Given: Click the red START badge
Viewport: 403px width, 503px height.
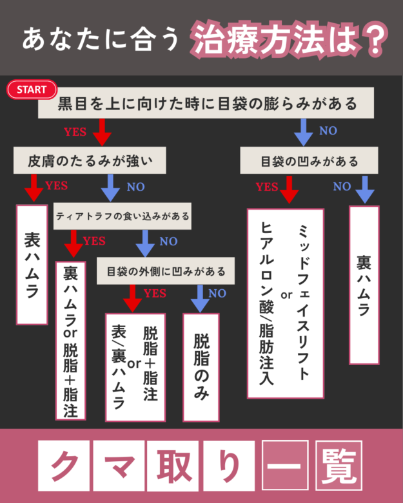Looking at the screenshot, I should [32, 90].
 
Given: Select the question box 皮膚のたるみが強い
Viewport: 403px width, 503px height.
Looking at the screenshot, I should [90, 160].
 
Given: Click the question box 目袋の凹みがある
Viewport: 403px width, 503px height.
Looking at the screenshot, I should [309, 160].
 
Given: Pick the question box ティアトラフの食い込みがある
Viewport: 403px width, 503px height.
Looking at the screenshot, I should [123, 216].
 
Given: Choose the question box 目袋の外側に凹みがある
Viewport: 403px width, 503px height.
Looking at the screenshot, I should [166, 271].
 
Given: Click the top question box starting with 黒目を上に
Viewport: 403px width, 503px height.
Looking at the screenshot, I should [207, 104].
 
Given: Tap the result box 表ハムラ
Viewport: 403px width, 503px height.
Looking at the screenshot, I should [32, 265].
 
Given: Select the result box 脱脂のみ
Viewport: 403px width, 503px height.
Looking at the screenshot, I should [201, 367].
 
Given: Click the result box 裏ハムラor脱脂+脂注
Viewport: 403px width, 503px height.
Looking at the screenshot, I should [72, 341].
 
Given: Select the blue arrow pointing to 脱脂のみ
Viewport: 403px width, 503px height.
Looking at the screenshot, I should [201, 297].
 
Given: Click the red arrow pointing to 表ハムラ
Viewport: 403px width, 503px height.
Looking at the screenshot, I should [32, 189].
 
